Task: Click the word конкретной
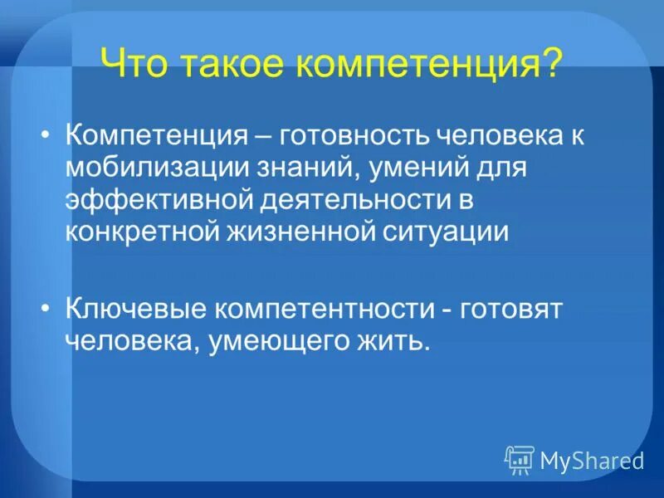tap(143, 232)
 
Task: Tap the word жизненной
tap(302, 232)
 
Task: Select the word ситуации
tap(449, 232)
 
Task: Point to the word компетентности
tap(323, 310)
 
